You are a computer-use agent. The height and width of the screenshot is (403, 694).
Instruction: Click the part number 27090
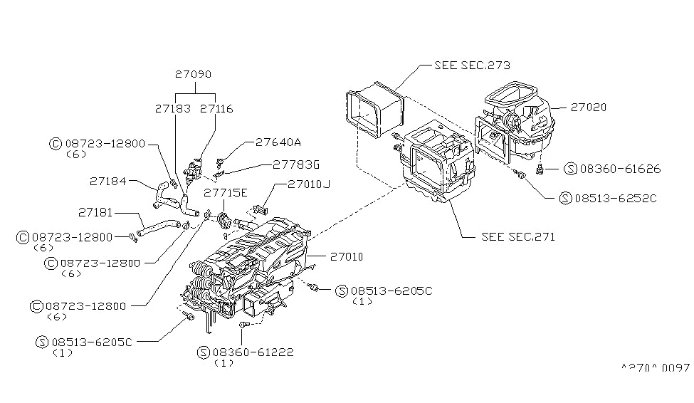[194, 74]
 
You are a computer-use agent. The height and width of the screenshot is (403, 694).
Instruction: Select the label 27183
[171, 109]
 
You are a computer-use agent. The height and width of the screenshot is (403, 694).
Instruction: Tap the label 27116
[216, 109]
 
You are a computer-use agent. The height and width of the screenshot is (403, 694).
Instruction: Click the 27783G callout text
[295, 164]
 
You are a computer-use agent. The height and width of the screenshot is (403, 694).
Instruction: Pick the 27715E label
[226, 192]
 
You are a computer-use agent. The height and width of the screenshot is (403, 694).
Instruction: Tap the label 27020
[588, 107]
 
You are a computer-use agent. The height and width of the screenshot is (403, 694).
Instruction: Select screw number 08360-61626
[621, 169]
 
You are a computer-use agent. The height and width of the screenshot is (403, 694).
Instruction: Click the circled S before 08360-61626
[569, 169]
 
